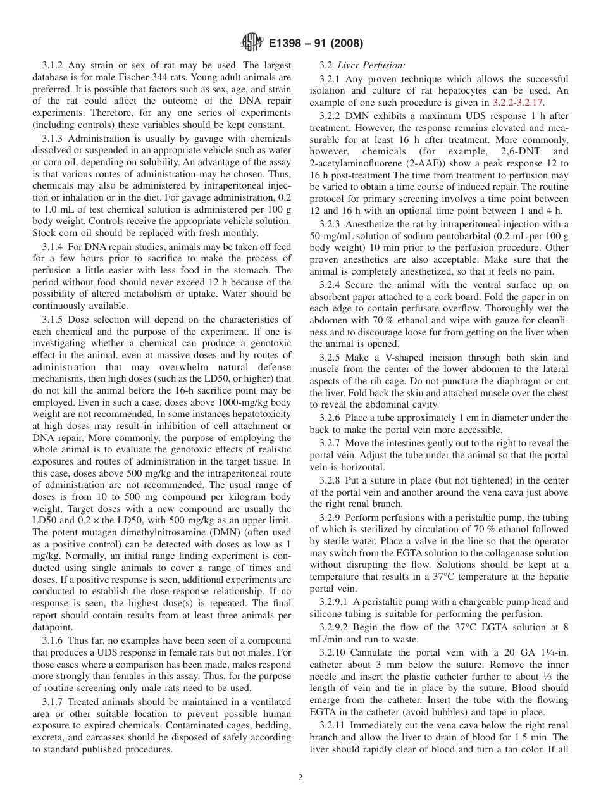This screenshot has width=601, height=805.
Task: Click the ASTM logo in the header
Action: (251, 43)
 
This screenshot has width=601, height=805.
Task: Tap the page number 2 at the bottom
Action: (300, 778)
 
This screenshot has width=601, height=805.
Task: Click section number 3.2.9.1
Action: (335, 602)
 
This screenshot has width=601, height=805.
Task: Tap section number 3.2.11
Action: (333, 725)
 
